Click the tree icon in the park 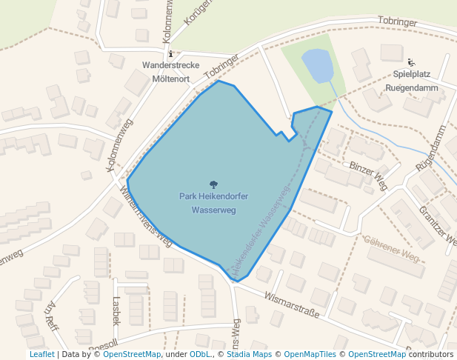pos(214,184)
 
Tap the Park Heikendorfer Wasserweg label pos(213,203)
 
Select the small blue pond pos(316,66)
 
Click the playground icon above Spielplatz pos(411,62)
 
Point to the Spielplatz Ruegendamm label pos(411,81)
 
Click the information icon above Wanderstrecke pos(171,53)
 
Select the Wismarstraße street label pos(291,304)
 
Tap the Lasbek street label pos(115,310)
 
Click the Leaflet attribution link pos(41,354)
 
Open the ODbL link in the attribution pos(199,354)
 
